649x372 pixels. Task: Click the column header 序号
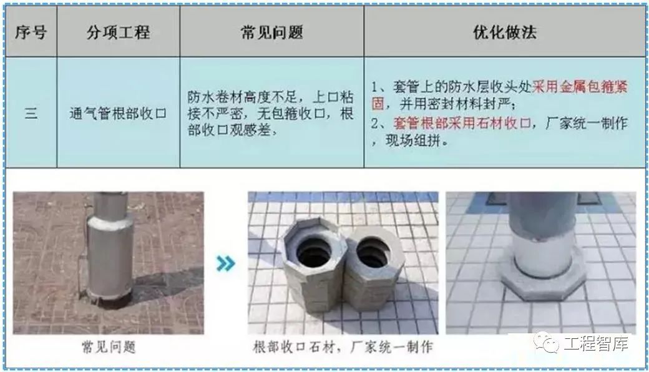[31, 32]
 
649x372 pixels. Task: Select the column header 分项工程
[119, 32]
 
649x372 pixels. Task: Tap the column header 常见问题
[272, 32]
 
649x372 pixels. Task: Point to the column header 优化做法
[505, 32]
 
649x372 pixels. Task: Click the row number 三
[31, 112]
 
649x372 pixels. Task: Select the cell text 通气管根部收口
[118, 113]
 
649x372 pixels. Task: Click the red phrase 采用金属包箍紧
[580, 87]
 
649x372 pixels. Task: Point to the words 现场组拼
[412, 140]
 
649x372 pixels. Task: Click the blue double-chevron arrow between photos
[226, 263]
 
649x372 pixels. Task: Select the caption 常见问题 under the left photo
[109, 347]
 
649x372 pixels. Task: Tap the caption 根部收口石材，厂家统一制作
[343, 347]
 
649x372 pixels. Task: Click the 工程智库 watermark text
[596, 343]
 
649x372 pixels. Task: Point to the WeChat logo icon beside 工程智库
[546, 342]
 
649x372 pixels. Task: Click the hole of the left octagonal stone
[314, 251]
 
